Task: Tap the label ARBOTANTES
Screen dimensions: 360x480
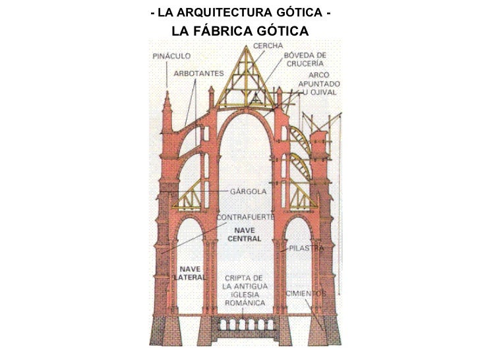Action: pos(198,73)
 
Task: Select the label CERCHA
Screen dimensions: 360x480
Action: pos(268,45)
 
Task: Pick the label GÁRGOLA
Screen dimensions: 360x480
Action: pos(248,191)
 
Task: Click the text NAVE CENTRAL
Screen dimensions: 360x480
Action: pos(245,234)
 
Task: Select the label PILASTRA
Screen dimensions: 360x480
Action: pos(305,249)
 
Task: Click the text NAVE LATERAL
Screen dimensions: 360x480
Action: pos(191,273)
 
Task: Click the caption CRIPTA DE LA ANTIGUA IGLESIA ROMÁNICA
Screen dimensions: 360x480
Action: pos(245,290)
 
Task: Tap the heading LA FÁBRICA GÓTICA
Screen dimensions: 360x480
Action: pos(240,32)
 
